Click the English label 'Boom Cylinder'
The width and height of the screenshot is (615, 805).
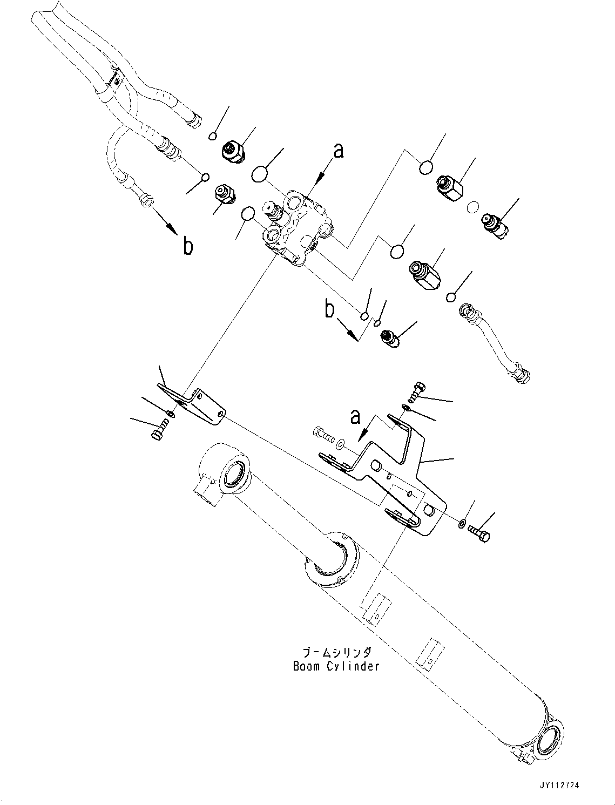pos(336,666)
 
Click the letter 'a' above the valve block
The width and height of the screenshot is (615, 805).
pos(338,151)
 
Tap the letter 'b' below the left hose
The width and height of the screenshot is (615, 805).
pos(187,246)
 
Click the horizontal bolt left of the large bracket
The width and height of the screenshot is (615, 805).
pos(323,432)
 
